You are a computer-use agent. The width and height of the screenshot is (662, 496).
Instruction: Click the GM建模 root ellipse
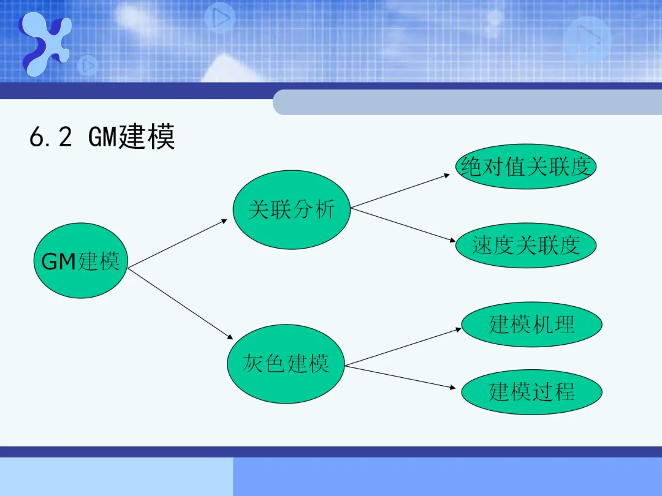pyautogui.click(x=80, y=262)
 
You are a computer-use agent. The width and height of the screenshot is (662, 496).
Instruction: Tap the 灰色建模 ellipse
pyautogui.click(x=286, y=364)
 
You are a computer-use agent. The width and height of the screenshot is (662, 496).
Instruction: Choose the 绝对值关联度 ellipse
pyautogui.click(x=527, y=167)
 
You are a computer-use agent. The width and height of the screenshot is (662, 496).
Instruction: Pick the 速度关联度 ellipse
pyautogui.click(x=526, y=246)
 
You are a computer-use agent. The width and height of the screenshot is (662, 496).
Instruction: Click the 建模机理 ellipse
pyautogui.click(x=531, y=324)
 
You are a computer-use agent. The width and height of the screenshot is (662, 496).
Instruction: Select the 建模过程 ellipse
pyautogui.click(x=531, y=391)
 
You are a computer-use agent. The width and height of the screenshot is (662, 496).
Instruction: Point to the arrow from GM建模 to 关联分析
pyautogui.click(x=178, y=243)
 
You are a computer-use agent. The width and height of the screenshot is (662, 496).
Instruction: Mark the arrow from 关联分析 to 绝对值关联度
pyautogui.click(x=401, y=190)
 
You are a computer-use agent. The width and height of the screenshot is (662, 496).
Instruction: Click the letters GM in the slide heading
pyautogui.click(x=102, y=137)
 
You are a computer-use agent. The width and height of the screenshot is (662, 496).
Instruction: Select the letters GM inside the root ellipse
pyautogui.click(x=58, y=262)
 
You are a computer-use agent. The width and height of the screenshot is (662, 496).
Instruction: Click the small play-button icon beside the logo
pyautogui.click(x=88, y=65)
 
